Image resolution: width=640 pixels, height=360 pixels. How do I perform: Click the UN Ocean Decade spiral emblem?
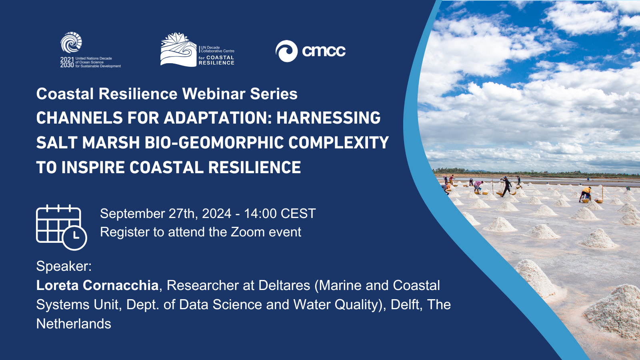(x=71, y=42)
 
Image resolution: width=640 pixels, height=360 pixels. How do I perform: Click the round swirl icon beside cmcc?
(x=286, y=51)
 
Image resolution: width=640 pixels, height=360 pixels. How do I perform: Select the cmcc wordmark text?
(x=324, y=51)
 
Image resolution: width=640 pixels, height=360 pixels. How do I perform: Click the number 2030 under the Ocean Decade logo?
(x=67, y=65)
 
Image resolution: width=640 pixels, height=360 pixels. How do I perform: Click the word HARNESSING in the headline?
(x=328, y=118)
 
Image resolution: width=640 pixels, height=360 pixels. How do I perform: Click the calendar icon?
(x=61, y=227)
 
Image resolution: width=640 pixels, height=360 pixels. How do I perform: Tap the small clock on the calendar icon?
(x=74, y=238)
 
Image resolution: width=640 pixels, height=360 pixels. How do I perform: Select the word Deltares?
(x=284, y=286)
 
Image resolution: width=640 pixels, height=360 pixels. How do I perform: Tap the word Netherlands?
(x=74, y=324)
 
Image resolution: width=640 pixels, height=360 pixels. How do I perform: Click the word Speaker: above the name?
(x=64, y=266)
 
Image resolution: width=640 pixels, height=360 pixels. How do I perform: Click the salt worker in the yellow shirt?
(x=586, y=194)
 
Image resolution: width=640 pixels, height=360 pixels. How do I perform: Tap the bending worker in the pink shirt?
(x=478, y=186)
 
